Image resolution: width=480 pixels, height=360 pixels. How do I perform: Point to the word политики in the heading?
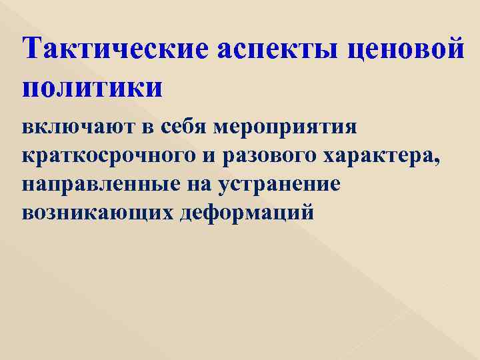(92, 88)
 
